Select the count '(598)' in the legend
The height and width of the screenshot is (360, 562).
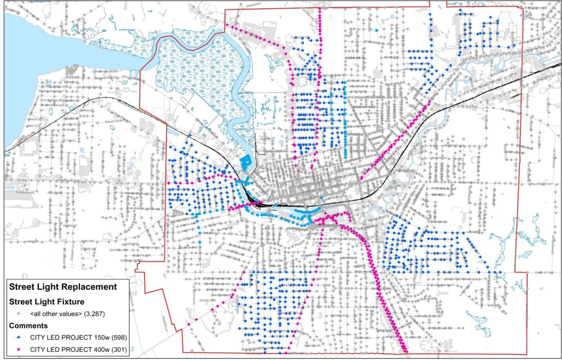pos(116,337)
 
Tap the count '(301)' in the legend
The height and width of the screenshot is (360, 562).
pos(116,350)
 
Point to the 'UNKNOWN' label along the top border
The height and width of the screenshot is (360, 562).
pos(252,5)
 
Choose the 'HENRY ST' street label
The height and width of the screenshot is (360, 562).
pos(71,225)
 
